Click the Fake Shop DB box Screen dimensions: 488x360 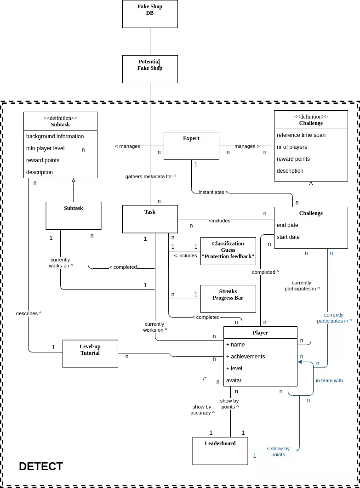coord(150,14)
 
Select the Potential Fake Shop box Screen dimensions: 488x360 coord(150,69)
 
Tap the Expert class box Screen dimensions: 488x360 coord(191,146)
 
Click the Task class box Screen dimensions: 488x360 coord(150,219)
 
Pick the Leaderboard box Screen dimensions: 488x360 coord(220,450)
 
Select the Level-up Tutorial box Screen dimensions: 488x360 coord(90,353)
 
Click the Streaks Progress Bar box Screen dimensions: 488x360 coord(228,299)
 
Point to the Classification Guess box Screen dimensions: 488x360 coord(228,251)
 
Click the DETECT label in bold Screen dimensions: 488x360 coord(41,466)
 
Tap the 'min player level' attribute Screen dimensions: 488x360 coord(45,148)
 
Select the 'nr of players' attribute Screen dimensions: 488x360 coord(292,147)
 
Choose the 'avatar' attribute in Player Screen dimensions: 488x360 coord(234,380)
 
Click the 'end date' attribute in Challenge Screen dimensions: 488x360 coord(287,225)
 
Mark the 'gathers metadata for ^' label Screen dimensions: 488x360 coord(150,176)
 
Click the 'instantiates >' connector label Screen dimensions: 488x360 coord(213,192)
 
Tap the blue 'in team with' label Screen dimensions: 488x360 coord(329,380)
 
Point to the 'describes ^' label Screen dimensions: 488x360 coord(29,313)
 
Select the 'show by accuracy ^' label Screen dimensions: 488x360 coord(202,409)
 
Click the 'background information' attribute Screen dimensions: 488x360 coord(55,136)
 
